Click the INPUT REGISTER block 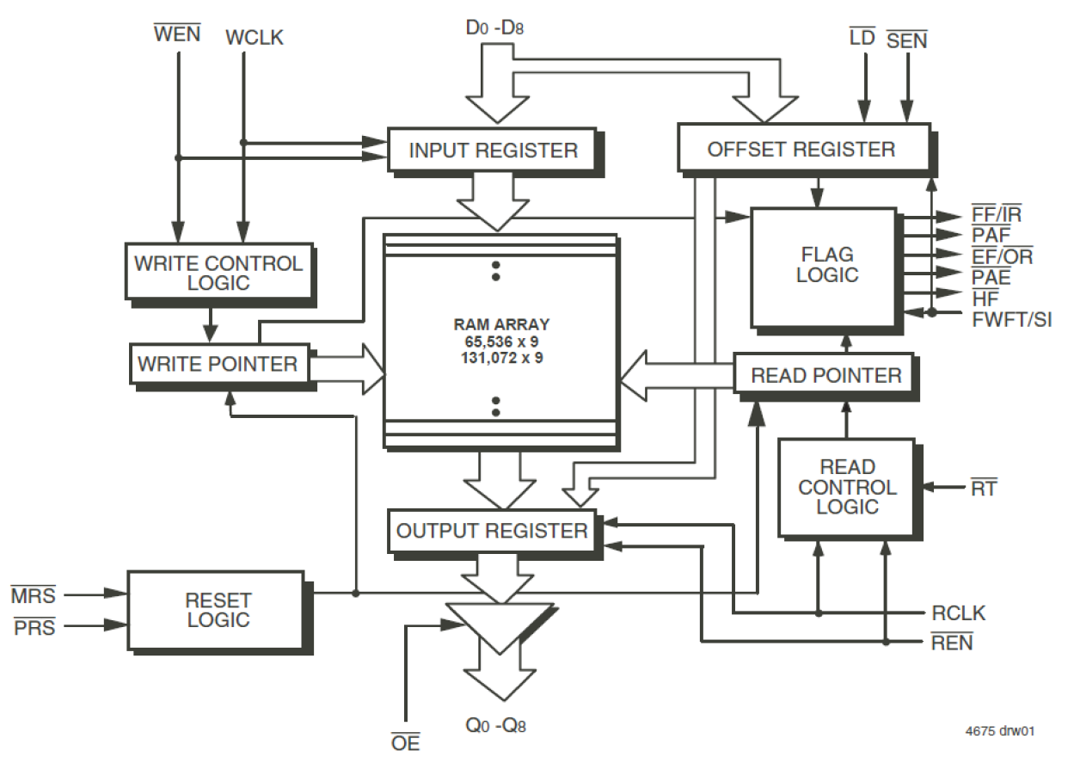(x=493, y=151)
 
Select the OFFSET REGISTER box (x=801, y=149)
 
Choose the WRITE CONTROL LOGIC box (x=218, y=273)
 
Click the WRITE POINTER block (x=218, y=364)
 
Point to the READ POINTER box (x=825, y=376)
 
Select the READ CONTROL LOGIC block (x=847, y=487)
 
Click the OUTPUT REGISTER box (x=492, y=531)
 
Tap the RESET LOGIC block (x=218, y=609)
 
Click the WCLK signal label (x=254, y=38)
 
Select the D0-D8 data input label (x=495, y=27)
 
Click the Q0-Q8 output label (x=495, y=725)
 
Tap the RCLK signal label (x=958, y=614)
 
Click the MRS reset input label (x=33, y=595)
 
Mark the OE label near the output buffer (x=405, y=741)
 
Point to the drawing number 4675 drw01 (x=998, y=732)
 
